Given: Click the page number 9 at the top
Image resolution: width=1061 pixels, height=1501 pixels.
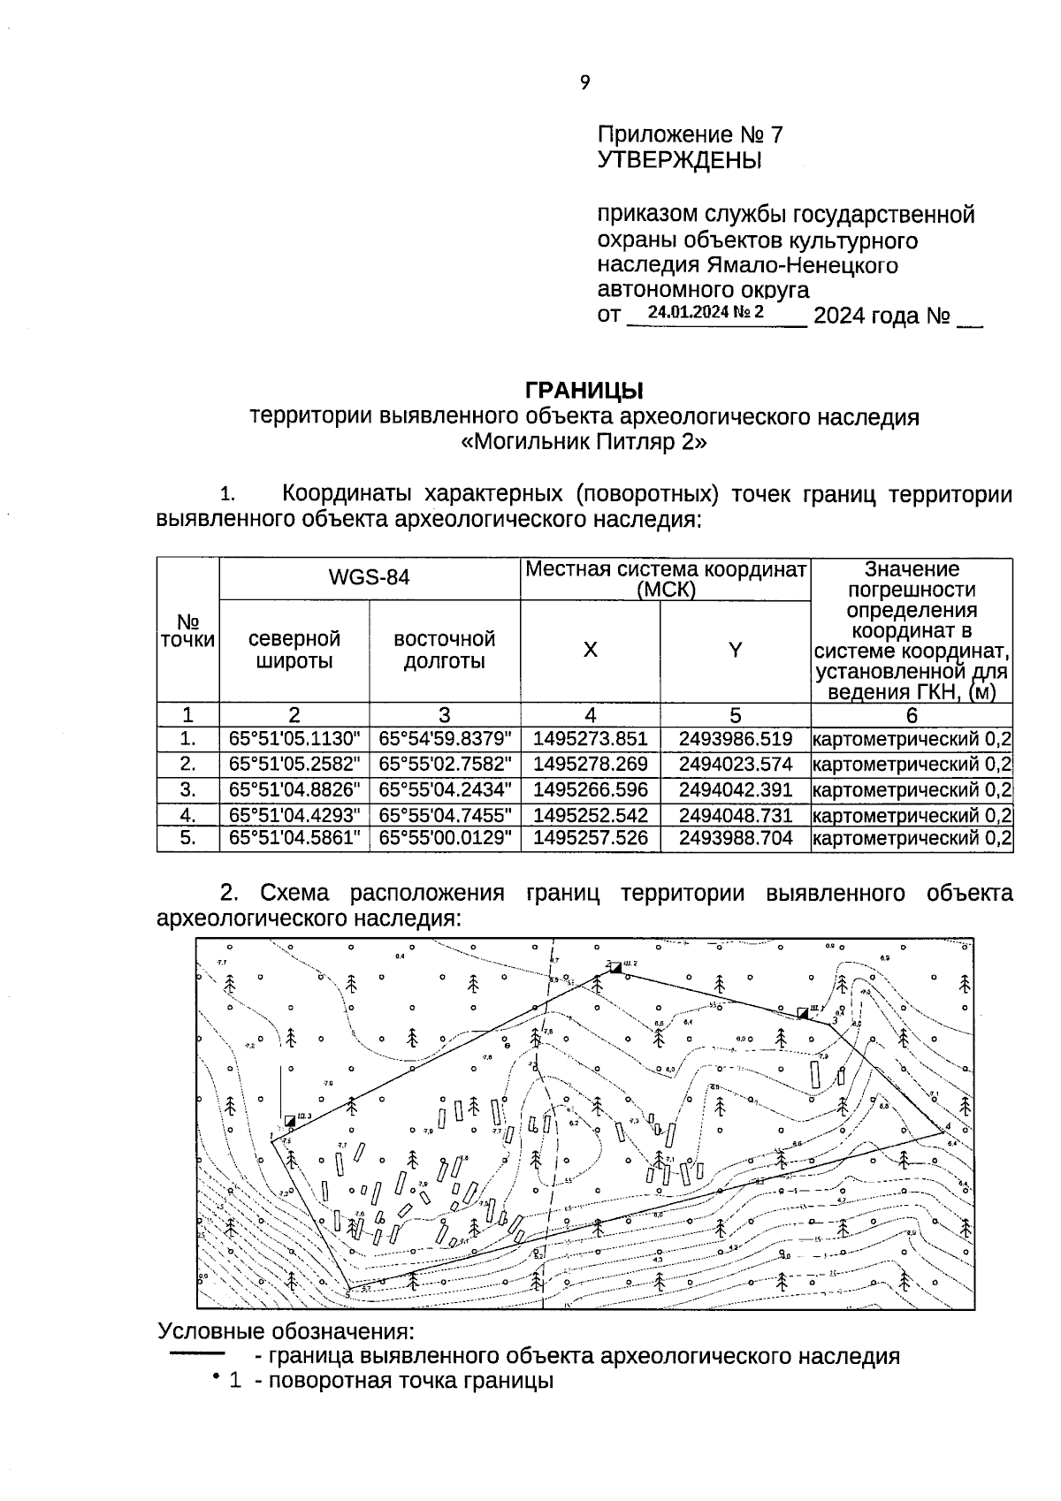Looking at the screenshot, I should tap(584, 83).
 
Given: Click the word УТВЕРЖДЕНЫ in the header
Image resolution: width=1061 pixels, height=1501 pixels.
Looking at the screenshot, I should tap(679, 161).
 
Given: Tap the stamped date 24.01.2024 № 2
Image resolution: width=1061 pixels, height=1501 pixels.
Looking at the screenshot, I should tap(705, 312).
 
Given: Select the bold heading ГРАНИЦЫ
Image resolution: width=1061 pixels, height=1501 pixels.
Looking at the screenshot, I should tap(584, 390).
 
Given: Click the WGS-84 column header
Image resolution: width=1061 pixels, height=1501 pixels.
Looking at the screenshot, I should tap(369, 578).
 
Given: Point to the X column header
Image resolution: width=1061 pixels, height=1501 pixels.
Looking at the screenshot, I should tap(590, 651).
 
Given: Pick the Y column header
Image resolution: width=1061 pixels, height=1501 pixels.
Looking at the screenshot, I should tap(735, 651).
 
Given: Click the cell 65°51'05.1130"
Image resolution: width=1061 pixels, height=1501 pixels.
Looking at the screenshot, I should tap(294, 739).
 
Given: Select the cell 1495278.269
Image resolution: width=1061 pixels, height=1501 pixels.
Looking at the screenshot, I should tap(590, 764).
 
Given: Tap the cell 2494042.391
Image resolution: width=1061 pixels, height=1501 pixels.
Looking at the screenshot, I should tap(736, 789).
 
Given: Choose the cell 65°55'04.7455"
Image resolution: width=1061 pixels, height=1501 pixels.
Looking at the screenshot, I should tap(445, 815).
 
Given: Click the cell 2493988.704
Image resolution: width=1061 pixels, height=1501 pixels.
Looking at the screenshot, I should tap(736, 838).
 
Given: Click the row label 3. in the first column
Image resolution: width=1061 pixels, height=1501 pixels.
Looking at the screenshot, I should tap(187, 789).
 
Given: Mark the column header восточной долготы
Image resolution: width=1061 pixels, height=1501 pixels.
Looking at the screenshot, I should tap(445, 651).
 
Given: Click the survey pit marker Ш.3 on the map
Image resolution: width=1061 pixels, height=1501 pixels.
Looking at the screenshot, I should tap(290, 1121).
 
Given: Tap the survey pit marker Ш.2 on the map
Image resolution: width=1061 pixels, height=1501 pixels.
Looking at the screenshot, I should tap(616, 968).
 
